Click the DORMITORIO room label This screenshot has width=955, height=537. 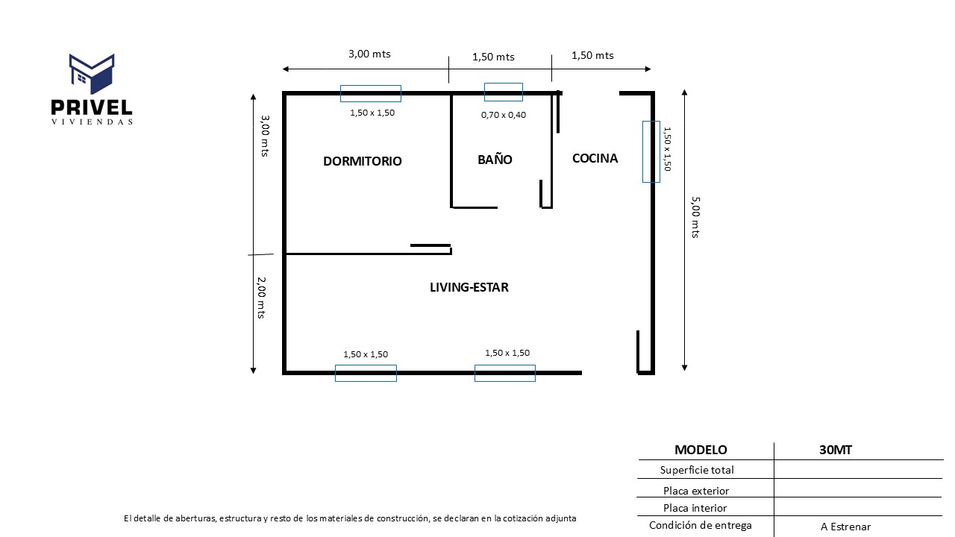362,161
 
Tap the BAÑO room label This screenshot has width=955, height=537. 495,160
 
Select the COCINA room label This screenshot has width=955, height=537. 595,158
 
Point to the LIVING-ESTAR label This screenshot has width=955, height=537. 469,287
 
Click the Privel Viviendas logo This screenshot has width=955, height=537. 92,89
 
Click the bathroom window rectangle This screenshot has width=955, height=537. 504,92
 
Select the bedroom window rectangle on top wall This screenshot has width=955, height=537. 371,93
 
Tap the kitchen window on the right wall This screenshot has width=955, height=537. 651,151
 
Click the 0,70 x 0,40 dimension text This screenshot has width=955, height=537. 504,115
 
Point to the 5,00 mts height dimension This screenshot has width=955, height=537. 695,217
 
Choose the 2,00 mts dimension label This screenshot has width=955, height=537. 262,298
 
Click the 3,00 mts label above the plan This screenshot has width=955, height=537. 369,54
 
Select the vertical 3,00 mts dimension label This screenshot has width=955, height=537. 265,135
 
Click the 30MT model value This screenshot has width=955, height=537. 835,450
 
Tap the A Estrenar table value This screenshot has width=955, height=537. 845,527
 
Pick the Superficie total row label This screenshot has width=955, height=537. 697,470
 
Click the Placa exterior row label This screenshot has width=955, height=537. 696,491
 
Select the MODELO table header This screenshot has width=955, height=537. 701,450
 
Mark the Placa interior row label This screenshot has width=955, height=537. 695,508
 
